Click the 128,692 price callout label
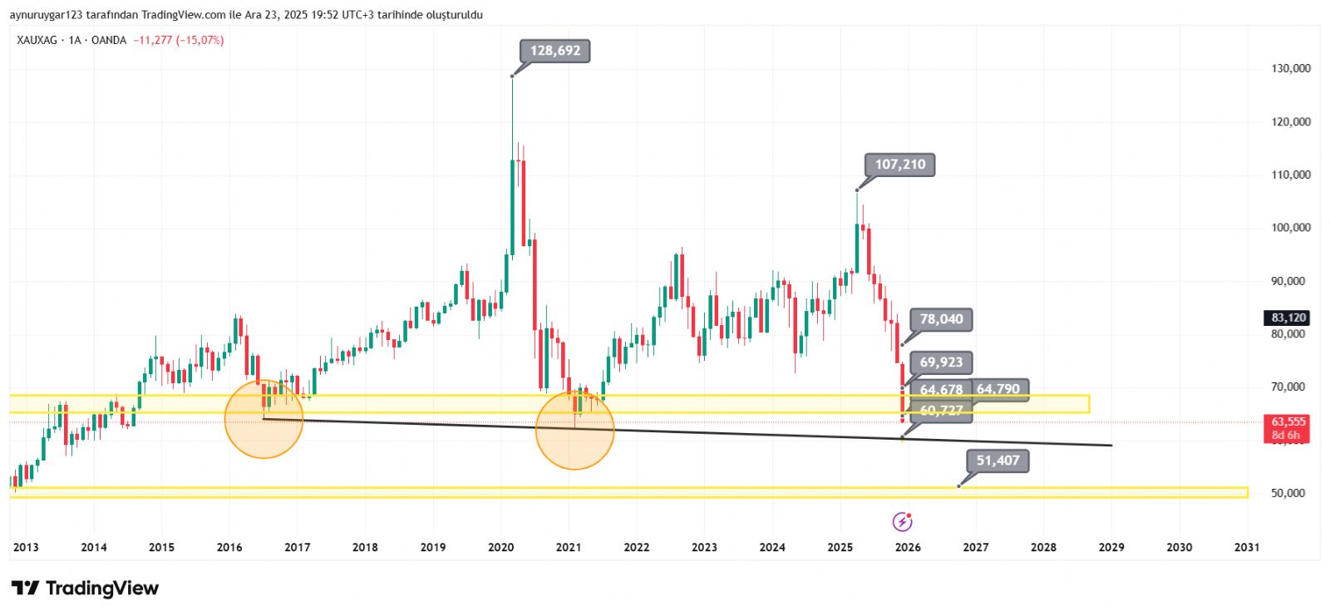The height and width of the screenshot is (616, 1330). [x=555, y=51]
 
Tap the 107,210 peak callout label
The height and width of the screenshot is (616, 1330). [x=899, y=165]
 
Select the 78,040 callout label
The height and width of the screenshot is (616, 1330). [x=941, y=319]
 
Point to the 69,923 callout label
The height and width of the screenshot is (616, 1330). [x=941, y=362]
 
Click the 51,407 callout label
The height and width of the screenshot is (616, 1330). [x=997, y=461]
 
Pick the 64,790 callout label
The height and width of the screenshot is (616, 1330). [x=998, y=389]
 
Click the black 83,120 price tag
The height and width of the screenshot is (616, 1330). [x=1288, y=318]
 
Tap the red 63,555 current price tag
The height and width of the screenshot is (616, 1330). [x=1288, y=422]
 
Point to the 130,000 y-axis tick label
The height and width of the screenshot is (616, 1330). [x=1291, y=68]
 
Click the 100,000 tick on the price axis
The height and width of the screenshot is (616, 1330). [x=1291, y=228]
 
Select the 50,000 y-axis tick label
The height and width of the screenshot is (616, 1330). [x=1288, y=493]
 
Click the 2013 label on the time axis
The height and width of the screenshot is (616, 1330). [x=26, y=547]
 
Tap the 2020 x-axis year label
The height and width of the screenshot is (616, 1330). [x=500, y=547]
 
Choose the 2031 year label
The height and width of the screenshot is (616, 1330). [x=1247, y=547]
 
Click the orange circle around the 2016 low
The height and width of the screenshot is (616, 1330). [x=264, y=419]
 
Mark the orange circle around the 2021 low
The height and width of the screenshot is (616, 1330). [x=574, y=430]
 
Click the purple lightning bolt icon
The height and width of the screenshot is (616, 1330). [x=902, y=521]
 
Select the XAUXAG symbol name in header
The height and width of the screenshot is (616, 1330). [x=37, y=40]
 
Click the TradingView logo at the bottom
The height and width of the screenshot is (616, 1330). [x=85, y=589]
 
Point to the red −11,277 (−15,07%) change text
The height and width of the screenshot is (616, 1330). [x=178, y=40]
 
